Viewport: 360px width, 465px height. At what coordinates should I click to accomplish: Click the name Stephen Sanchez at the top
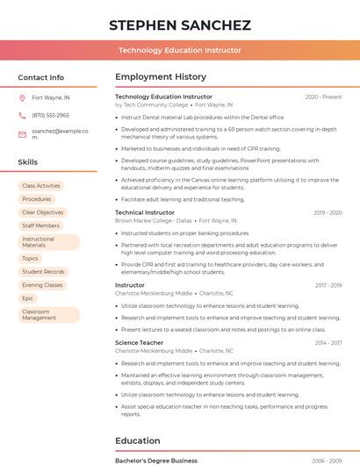tap(180, 25)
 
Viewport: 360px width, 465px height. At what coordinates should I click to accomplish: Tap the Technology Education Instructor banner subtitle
tap(180, 51)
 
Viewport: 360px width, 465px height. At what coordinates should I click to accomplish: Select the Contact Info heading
tap(40, 77)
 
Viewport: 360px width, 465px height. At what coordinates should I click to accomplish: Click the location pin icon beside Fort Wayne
tap(22, 98)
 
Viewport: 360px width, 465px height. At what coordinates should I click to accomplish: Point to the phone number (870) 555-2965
tap(50, 116)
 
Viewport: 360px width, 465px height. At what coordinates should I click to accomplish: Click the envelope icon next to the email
tap(22, 134)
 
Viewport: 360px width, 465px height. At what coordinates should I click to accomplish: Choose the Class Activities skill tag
tap(41, 186)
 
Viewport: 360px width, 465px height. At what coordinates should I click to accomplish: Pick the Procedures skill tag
tap(37, 199)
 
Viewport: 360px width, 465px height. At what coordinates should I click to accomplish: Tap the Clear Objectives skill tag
tap(43, 212)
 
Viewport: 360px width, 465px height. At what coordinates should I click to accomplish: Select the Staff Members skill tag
tap(40, 225)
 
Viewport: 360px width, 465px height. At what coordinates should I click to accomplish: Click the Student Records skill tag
tap(43, 272)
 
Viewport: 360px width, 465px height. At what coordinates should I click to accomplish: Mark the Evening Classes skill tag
tap(42, 285)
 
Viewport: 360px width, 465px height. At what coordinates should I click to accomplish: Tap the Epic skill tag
tap(28, 298)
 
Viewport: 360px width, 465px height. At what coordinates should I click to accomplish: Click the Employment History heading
tap(161, 77)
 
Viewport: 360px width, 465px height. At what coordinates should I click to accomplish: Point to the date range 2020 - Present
tap(323, 97)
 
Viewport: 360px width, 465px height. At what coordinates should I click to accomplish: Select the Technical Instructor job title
tap(145, 212)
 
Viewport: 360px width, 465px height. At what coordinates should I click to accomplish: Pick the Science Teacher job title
tap(139, 342)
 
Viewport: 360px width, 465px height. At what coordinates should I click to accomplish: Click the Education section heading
tap(138, 440)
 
